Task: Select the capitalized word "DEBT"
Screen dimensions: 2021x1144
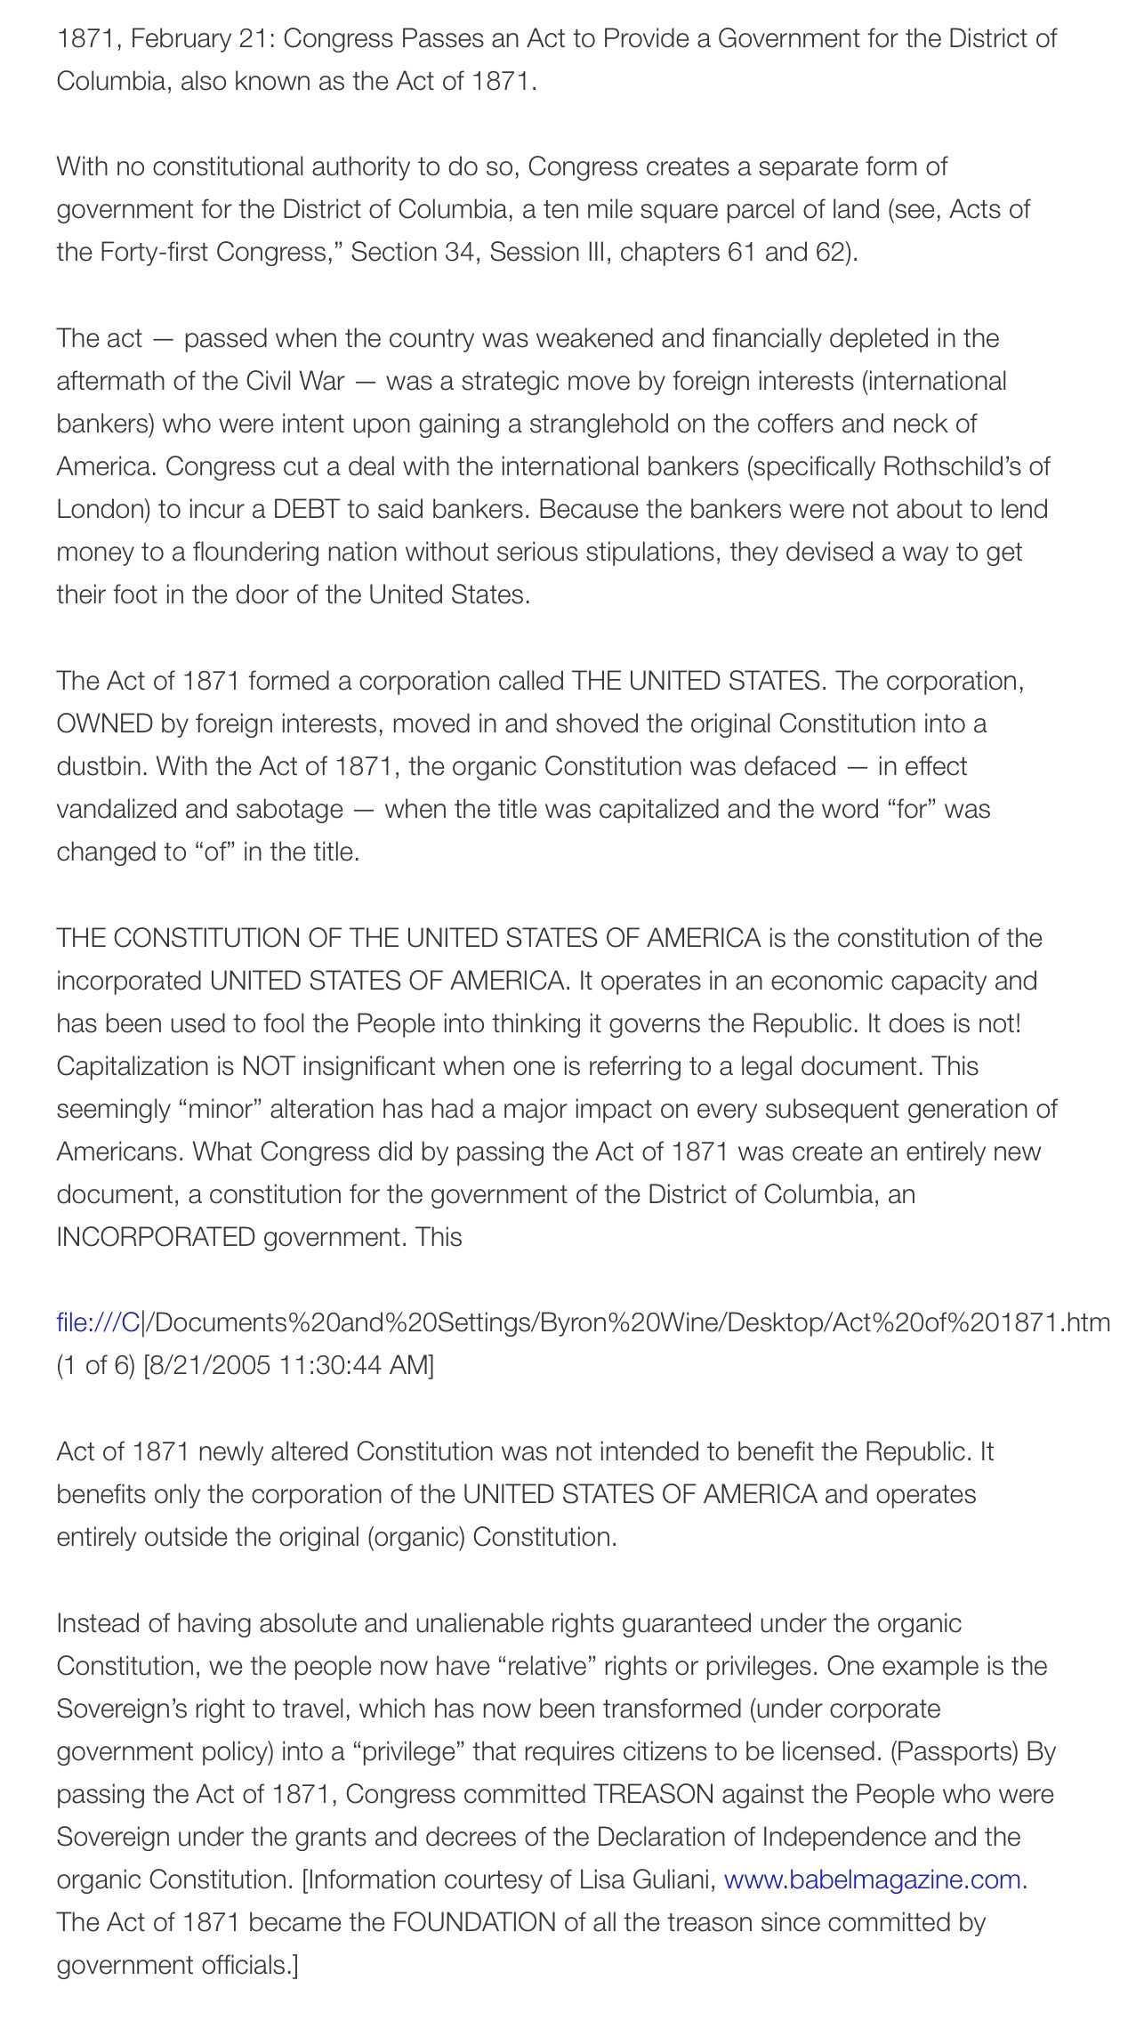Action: tap(306, 509)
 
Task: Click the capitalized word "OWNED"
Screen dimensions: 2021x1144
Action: tap(105, 724)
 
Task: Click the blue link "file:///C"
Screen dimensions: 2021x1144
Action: tap(98, 1322)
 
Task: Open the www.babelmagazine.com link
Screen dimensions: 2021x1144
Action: tap(872, 1880)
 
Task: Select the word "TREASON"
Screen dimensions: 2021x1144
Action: tap(654, 1794)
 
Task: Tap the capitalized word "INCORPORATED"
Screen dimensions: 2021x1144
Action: tap(156, 1237)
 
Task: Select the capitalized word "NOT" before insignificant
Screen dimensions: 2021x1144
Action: tap(268, 1066)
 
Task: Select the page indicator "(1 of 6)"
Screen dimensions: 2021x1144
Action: tap(96, 1365)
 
